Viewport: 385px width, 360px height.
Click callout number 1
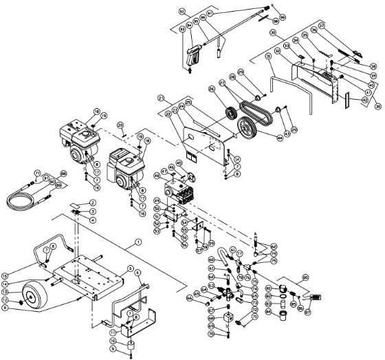coord(138,242)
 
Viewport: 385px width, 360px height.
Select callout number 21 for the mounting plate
coord(160,98)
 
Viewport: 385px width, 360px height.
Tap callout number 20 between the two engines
coord(120,125)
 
